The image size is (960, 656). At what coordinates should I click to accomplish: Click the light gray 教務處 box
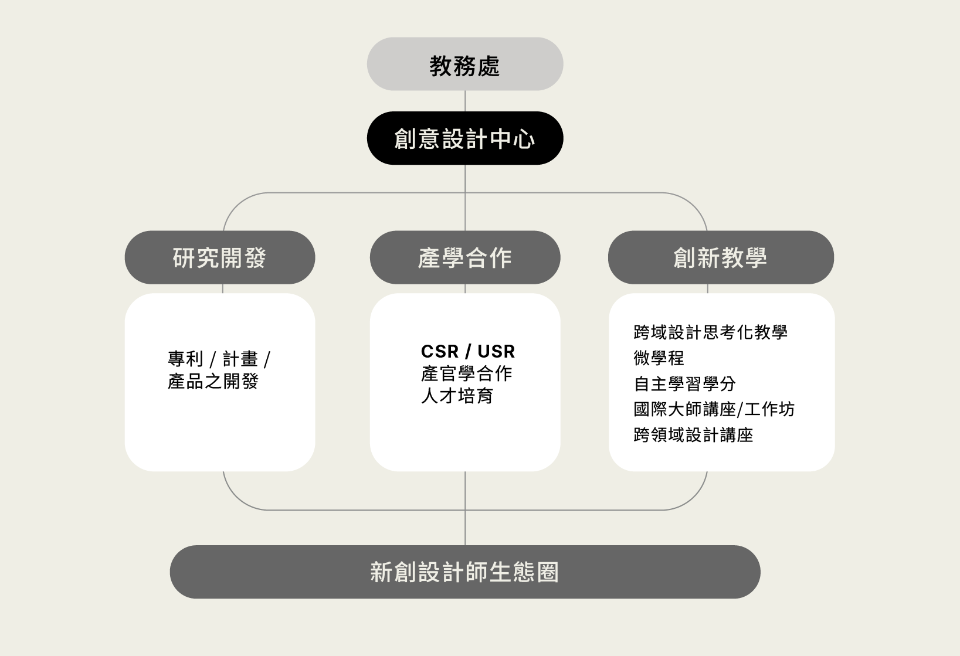point(465,64)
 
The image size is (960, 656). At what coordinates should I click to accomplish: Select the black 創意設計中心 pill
point(465,138)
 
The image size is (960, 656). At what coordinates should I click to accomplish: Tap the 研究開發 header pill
point(220,257)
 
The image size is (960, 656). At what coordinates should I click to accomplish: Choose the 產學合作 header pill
point(465,257)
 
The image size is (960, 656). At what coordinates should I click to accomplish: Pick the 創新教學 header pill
point(721,257)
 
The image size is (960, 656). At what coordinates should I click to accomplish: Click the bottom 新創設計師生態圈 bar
point(465,572)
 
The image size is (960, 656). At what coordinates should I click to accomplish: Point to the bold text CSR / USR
point(467,351)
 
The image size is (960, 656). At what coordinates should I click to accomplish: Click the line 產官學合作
point(466,373)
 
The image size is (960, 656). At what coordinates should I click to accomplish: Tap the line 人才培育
point(457,396)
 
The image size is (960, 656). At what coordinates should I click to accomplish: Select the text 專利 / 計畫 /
point(219,359)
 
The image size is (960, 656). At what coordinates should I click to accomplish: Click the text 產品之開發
point(213,381)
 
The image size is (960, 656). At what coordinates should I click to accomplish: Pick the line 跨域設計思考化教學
point(710,332)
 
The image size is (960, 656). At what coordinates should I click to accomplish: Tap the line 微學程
point(659,358)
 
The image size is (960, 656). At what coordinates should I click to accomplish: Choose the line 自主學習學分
point(684,384)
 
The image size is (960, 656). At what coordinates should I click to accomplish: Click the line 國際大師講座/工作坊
point(714,410)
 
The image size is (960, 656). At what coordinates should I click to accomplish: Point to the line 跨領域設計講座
point(693,436)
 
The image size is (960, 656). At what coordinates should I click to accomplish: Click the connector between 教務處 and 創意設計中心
point(465,101)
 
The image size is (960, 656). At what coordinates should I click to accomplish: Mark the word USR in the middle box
point(496,351)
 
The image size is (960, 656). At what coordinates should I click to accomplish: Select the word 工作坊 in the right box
point(770,410)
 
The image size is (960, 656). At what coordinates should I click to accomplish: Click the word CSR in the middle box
point(440,351)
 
